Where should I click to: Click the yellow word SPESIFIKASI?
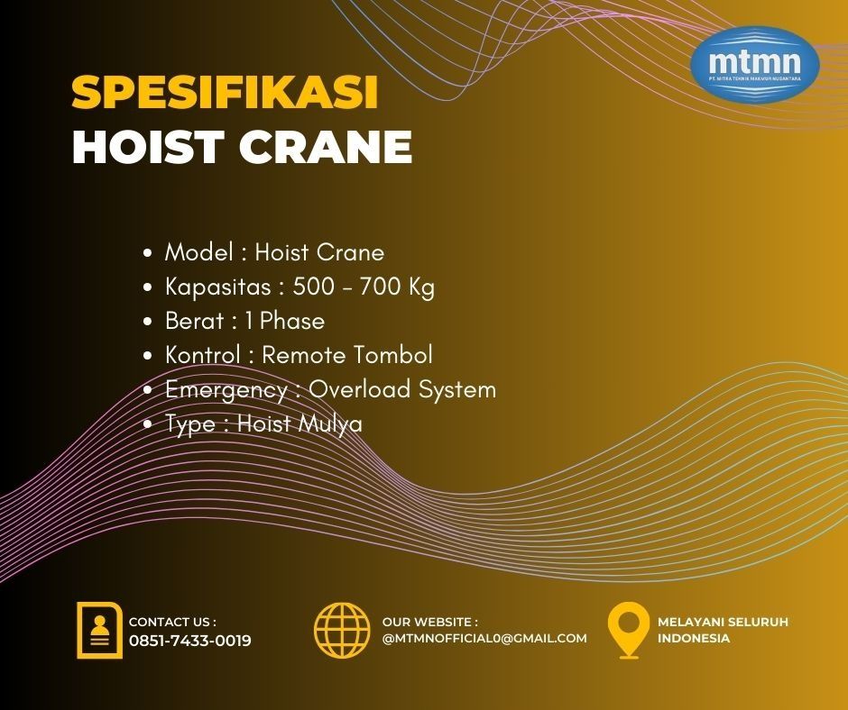[225, 92]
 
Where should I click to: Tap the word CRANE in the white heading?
[326, 147]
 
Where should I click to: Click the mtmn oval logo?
[755, 64]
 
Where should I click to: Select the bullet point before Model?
[148, 253]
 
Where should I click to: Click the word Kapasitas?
[218, 287]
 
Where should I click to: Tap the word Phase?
[292, 321]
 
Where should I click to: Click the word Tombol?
[393, 355]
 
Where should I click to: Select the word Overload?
[360, 389]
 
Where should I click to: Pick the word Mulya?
[330, 424]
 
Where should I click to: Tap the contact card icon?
[99, 630]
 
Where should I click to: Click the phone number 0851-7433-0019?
[189, 641]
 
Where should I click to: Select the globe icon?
[342, 630]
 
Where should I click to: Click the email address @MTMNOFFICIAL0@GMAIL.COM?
[484, 638]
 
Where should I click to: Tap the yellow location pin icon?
[628, 630]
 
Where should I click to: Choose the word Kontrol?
[203, 355]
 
